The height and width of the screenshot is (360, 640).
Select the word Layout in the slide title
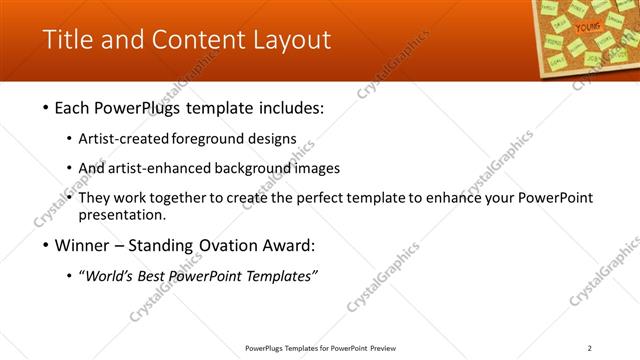[x=289, y=40]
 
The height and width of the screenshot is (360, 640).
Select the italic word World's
[x=111, y=276]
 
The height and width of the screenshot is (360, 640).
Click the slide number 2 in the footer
[x=589, y=348]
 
